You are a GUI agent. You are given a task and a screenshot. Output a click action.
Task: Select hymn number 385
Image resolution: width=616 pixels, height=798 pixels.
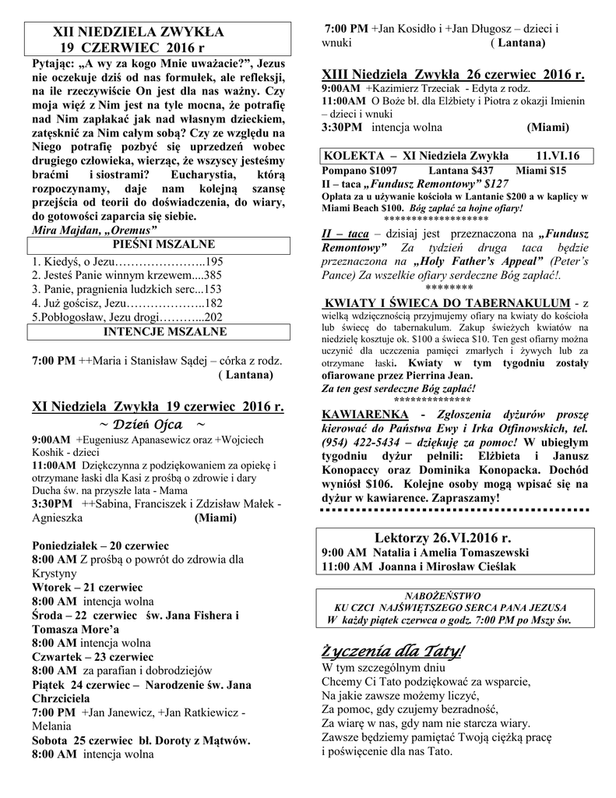pyautogui.click(x=213, y=275)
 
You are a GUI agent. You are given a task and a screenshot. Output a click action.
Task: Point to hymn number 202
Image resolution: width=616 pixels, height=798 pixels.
pyautogui.click(x=213, y=317)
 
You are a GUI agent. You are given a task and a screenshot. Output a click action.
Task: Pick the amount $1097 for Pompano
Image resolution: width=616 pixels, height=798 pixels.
pyautogui.click(x=380, y=169)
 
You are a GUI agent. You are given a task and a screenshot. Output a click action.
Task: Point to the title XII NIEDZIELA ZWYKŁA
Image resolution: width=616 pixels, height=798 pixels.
pyautogui.click(x=137, y=32)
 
